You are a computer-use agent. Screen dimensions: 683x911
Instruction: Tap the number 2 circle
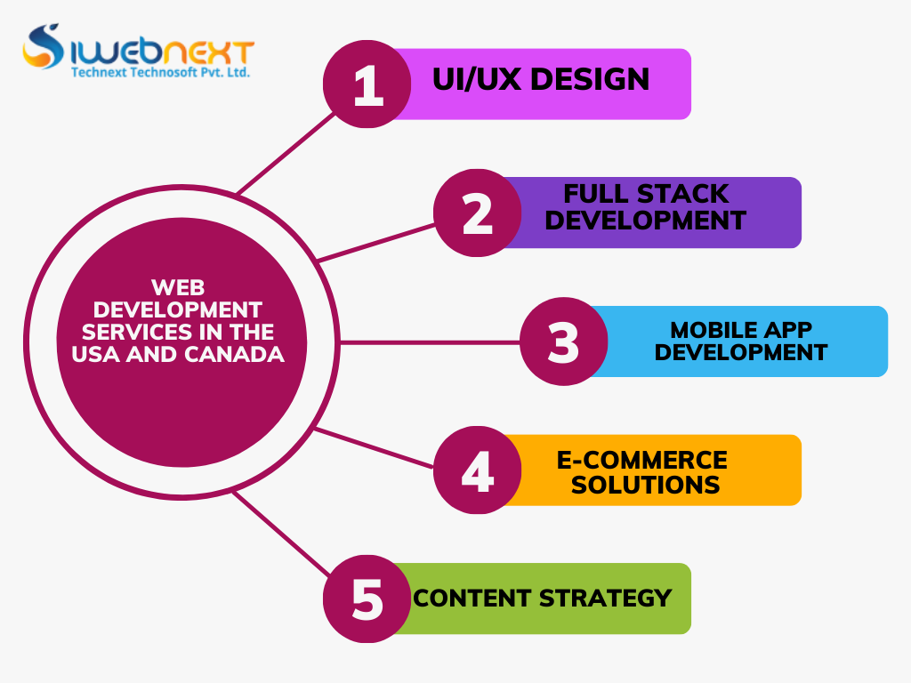(478, 213)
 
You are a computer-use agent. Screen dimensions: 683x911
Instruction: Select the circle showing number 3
(563, 342)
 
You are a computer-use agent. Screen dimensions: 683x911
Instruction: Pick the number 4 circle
(478, 470)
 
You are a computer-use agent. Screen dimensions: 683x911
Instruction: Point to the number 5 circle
(367, 599)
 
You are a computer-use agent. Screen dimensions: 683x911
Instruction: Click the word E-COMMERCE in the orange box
(641, 460)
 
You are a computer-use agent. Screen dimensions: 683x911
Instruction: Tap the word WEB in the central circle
(178, 287)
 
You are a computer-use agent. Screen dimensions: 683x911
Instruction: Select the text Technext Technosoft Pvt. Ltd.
(160, 73)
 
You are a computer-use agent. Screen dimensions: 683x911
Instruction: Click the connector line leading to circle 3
(427, 342)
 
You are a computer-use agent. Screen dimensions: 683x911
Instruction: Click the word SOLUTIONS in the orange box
(645, 485)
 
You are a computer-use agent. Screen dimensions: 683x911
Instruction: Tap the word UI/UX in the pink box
(477, 79)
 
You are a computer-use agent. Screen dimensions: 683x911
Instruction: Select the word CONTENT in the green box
(471, 598)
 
